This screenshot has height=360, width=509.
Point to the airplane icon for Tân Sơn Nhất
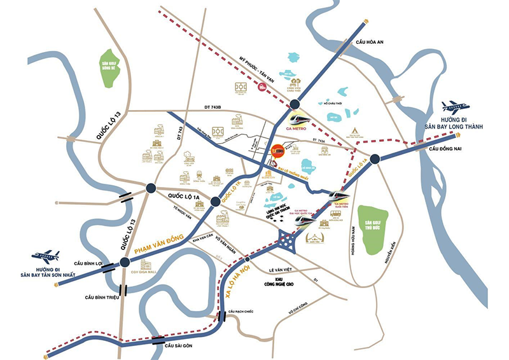pos(46,257)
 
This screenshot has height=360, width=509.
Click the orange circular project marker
pos(277,151)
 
